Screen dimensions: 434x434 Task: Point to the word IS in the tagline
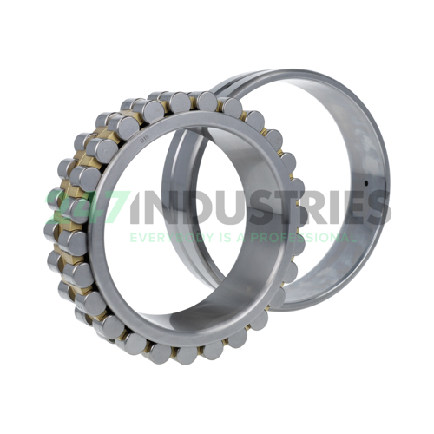[214, 236]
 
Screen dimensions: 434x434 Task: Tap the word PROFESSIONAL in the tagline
[294, 236]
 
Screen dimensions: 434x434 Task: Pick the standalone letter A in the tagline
[232, 236]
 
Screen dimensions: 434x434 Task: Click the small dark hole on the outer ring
[368, 184]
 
